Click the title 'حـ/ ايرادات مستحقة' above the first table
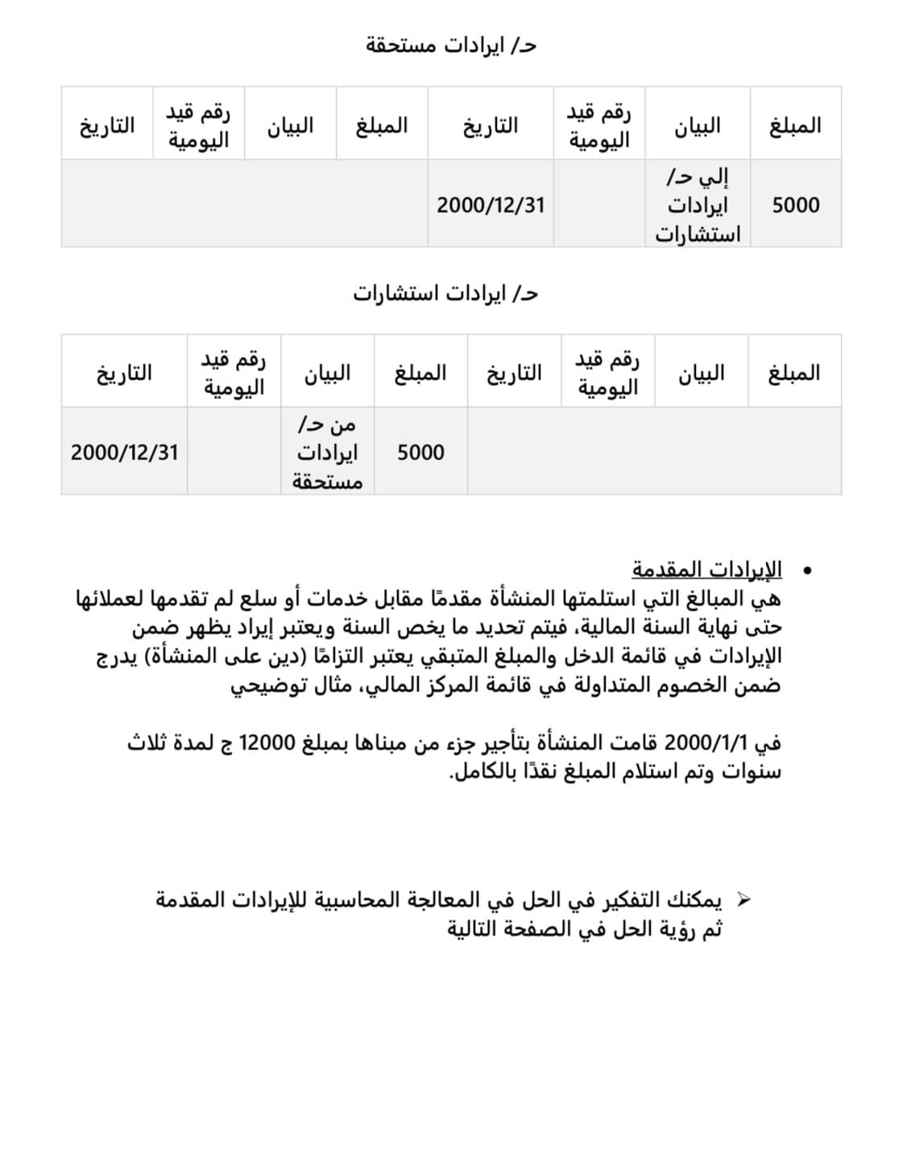coord(451,46)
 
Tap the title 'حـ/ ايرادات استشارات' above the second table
coord(445,293)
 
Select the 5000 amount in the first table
coord(795,205)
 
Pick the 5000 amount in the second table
coord(420,452)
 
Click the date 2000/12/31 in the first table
coord(491,205)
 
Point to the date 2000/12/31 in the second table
coord(124,452)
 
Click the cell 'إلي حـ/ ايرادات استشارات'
coord(698,205)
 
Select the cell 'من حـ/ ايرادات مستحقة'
coord(327,452)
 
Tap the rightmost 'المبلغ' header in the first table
coord(795,126)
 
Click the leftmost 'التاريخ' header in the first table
coord(106,126)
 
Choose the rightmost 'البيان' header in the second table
coord(701,373)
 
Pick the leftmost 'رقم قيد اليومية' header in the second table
coord(234,373)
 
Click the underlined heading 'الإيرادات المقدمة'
coord(706,570)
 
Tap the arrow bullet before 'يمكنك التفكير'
coord(743,899)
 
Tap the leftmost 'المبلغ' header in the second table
coord(420,373)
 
